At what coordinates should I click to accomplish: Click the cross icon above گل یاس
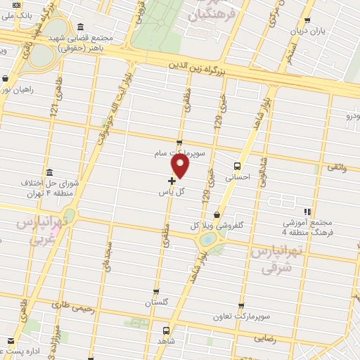172,181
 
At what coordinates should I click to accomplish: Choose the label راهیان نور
15,89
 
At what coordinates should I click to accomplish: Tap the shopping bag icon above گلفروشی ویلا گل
217,214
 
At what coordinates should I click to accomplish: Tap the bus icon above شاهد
165,330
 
